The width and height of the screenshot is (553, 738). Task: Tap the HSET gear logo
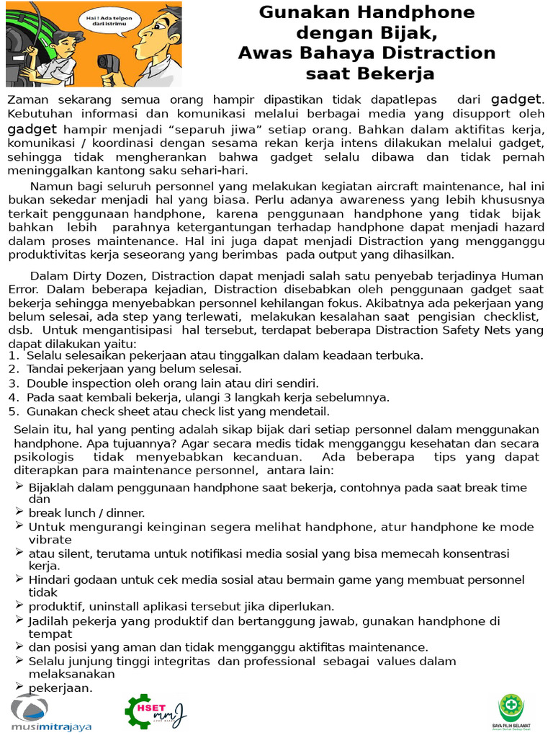click(155, 711)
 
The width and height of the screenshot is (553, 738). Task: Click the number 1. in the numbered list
click(13, 355)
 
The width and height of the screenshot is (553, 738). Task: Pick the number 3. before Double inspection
click(13, 383)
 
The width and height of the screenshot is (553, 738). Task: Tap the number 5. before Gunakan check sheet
click(13, 412)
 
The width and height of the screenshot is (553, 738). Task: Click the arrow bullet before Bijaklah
click(19, 486)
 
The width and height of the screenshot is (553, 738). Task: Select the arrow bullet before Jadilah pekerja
click(19, 620)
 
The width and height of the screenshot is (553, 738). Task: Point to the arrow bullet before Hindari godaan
click(19, 579)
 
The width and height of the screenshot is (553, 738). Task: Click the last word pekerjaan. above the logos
click(61, 688)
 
